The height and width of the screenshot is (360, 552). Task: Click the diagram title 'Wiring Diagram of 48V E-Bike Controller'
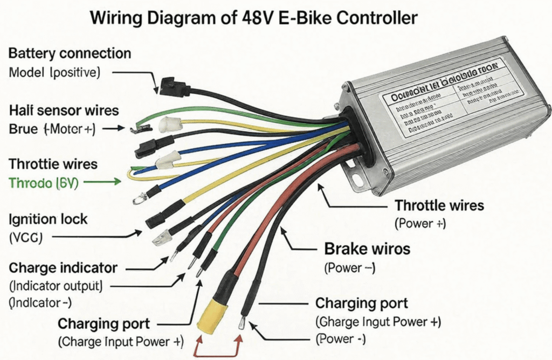tap(253, 18)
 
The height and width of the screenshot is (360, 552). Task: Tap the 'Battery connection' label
tap(70, 54)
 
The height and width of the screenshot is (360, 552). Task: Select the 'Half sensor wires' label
tap(64, 111)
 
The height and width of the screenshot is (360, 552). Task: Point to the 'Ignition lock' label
tap(48, 219)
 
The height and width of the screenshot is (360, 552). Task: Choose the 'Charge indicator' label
tap(63, 267)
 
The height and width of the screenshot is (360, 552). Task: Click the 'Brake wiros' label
tap(367, 249)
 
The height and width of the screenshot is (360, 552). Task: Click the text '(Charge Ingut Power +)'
tap(378, 322)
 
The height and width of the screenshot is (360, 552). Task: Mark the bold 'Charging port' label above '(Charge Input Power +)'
tap(103, 324)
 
